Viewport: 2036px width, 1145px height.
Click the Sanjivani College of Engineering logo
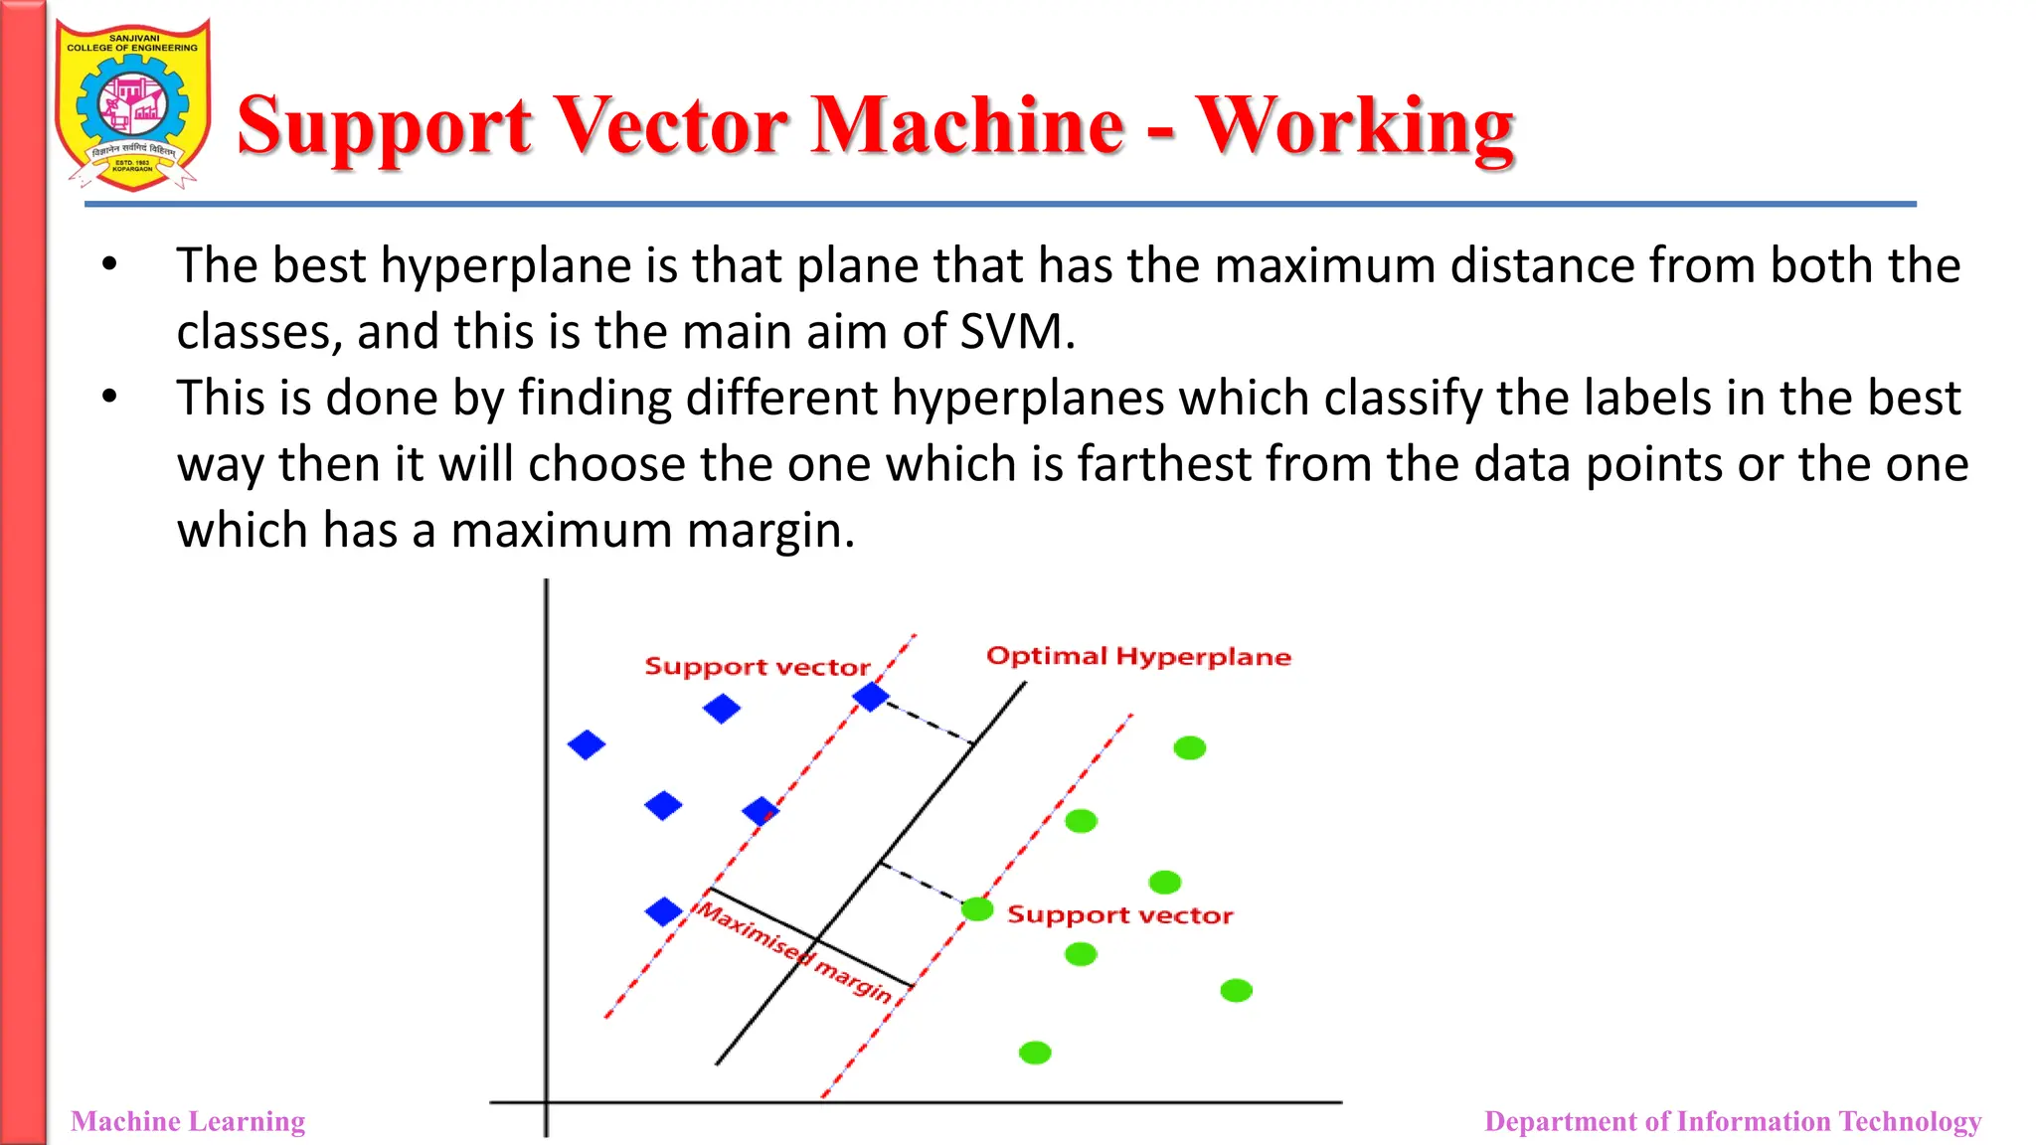pyautogui.click(x=132, y=104)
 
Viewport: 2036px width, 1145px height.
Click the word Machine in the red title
pyautogui.click(x=966, y=126)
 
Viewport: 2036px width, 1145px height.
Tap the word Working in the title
pyautogui.click(x=1354, y=126)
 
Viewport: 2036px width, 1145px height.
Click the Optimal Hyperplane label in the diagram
pyautogui.click(x=1138, y=656)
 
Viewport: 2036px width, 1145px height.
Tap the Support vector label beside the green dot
pyautogui.click(x=1119, y=914)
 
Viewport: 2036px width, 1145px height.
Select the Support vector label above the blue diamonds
pyautogui.click(x=758, y=666)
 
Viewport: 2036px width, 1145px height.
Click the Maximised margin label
pyautogui.click(x=793, y=949)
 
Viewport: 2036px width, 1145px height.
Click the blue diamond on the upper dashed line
pyautogui.click(x=871, y=697)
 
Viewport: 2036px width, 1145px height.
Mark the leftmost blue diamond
pyautogui.click(x=587, y=744)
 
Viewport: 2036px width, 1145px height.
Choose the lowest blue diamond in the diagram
pyautogui.click(x=663, y=911)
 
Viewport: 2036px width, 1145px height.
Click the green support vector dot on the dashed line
pyautogui.click(x=977, y=908)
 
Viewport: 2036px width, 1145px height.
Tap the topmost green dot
pyautogui.click(x=1189, y=747)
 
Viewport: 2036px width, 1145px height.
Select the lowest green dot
pyautogui.click(x=1035, y=1053)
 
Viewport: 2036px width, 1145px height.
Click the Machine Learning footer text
pyautogui.click(x=188, y=1121)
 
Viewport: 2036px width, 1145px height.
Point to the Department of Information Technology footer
pyautogui.click(x=1732, y=1121)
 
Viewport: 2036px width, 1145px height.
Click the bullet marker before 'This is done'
pyautogui.click(x=109, y=397)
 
